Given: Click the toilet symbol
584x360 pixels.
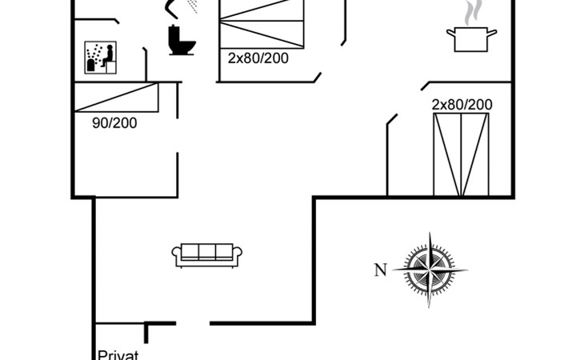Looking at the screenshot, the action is pyautogui.click(x=182, y=40).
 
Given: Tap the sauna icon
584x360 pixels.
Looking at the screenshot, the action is pyautogui.click(x=101, y=58).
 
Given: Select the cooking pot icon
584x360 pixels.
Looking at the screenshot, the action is pyautogui.click(x=471, y=39).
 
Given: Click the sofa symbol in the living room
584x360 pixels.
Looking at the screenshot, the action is pyautogui.click(x=206, y=255).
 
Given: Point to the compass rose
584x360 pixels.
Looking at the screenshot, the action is pyautogui.click(x=430, y=270).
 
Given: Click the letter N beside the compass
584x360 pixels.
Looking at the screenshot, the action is pyautogui.click(x=380, y=270).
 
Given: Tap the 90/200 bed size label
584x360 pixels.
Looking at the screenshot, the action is pyautogui.click(x=114, y=123).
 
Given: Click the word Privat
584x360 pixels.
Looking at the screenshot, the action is pyautogui.click(x=118, y=354).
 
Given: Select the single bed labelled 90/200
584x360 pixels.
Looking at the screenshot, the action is pyautogui.click(x=117, y=97).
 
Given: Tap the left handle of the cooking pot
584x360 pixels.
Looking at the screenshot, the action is pyautogui.click(x=450, y=34).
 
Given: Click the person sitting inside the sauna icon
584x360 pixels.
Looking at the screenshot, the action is pyautogui.click(x=108, y=56).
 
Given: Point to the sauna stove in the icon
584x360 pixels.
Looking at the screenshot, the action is pyautogui.click(x=92, y=65).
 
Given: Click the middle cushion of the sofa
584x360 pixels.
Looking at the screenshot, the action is pyautogui.click(x=207, y=252).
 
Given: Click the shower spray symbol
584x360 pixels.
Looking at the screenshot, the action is pyautogui.click(x=192, y=6).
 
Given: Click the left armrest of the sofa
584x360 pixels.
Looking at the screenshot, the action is pyautogui.click(x=176, y=254).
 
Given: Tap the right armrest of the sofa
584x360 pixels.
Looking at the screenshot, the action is pyautogui.click(x=238, y=254).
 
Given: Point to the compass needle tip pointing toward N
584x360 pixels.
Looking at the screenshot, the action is pyautogui.click(x=394, y=270).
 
